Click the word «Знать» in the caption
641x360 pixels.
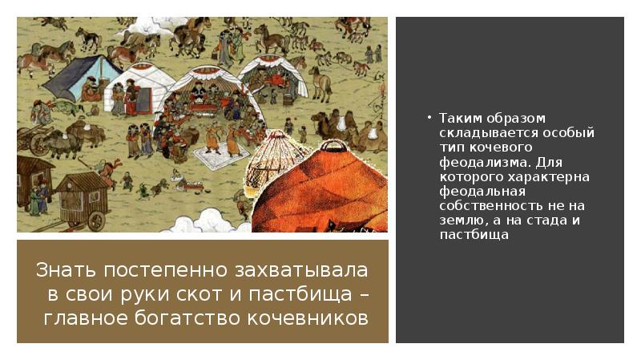[x=62, y=270]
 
